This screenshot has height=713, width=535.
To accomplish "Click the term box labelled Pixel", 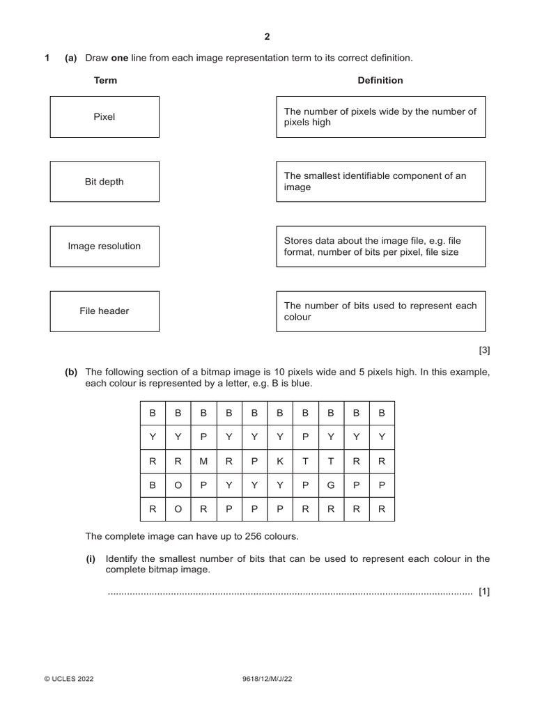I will [x=104, y=117].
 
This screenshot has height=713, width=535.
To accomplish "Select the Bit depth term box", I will [x=104, y=182].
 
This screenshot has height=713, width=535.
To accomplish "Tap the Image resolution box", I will [x=104, y=246].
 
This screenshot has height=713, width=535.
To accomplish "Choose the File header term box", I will [x=104, y=311].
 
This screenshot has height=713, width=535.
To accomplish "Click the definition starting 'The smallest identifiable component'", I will [x=380, y=182].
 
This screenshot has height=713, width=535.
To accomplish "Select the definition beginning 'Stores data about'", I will [x=380, y=246].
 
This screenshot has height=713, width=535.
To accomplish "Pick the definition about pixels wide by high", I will [x=380, y=117].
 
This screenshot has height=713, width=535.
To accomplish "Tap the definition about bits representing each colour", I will [x=380, y=311].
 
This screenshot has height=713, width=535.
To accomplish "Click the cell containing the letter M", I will [x=203, y=461].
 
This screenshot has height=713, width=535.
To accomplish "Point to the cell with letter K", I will [x=279, y=461].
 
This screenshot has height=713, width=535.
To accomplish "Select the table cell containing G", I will [x=331, y=485].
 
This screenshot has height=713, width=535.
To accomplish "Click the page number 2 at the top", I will [x=267, y=37].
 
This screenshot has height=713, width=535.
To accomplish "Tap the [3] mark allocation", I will [x=484, y=350].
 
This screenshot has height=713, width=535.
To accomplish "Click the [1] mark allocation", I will [x=484, y=592].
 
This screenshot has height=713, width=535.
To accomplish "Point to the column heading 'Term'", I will [x=105, y=80].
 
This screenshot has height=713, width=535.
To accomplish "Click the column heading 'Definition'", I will [x=380, y=80].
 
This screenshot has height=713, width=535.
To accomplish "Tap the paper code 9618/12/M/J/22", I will [x=267, y=679].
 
